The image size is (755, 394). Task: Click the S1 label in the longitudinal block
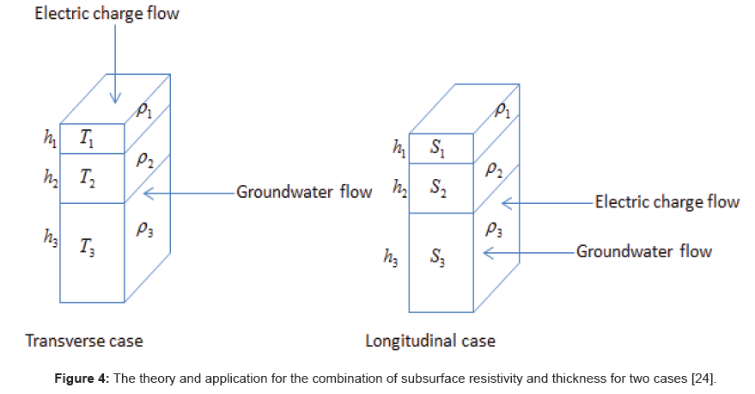(x=438, y=150)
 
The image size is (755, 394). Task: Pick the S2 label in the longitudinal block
(x=438, y=187)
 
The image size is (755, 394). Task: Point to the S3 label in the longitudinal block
(x=438, y=255)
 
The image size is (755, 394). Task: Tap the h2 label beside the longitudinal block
(x=399, y=188)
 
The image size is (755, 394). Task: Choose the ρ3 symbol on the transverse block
(x=143, y=230)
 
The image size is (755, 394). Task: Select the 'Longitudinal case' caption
(x=430, y=341)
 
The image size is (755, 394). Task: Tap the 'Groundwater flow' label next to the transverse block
(x=305, y=191)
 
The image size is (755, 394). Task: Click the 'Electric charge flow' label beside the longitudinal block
(x=667, y=202)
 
